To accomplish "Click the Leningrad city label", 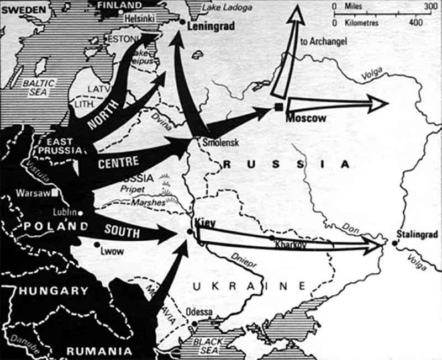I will coord(212,26).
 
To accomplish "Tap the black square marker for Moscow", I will coord(279,107).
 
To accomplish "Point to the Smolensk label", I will coord(220,142).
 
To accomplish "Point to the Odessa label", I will coord(199,312).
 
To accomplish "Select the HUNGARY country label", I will coord(54,291).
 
